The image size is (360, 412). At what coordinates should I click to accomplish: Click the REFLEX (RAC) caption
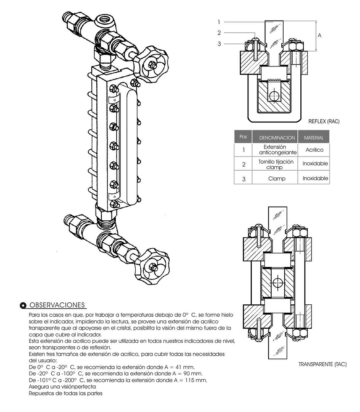324,122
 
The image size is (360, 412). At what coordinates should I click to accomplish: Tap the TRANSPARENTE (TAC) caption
322,364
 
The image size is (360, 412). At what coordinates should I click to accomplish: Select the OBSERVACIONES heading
57,305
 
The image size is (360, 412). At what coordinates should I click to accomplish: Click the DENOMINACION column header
277,138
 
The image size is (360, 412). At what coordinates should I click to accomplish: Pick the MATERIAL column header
313,138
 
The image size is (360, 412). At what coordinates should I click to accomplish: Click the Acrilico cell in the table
314,150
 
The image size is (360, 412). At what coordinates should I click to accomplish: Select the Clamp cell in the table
277,178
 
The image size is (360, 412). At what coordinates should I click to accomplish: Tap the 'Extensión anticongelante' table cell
275,150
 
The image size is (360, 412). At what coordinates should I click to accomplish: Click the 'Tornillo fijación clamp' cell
276,164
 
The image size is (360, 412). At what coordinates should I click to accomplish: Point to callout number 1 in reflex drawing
219,22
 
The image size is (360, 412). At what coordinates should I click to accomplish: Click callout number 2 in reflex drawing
219,33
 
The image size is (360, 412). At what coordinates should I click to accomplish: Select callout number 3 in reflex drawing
219,44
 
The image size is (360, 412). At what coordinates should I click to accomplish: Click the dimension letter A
320,35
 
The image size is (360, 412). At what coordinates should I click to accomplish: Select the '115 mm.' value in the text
196,380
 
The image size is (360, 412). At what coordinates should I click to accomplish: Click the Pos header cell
243,137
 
